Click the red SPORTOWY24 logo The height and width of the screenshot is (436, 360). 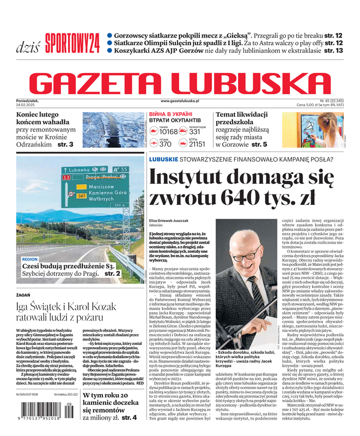(x=72, y=41)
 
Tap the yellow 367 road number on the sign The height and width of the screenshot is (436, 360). (x=81, y=195)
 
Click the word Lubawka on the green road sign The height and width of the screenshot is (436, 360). (x=80, y=169)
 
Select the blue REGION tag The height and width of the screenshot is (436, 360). (x=30, y=259)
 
